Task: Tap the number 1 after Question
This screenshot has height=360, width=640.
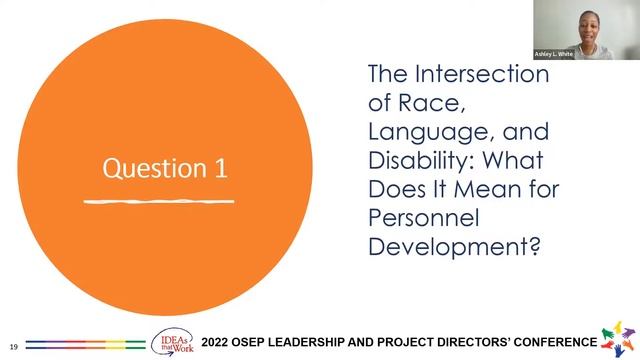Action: [220, 167]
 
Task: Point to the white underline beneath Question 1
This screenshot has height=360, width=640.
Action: [159, 201]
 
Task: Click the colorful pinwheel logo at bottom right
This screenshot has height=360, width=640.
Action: [618, 339]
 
